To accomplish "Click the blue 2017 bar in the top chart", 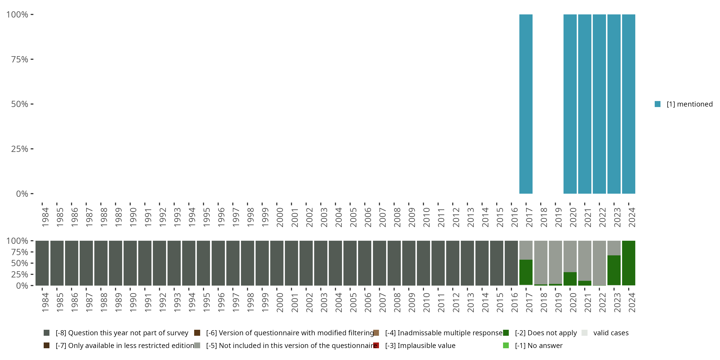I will pos(526,104).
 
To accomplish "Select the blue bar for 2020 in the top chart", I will pos(570,104).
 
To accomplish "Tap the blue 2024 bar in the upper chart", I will pos(629,104).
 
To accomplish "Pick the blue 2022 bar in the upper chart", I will pos(599,104).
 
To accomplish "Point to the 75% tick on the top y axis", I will pos(20,59).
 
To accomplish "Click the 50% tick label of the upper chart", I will pos(20,104).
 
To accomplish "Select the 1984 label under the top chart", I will pos(45,217).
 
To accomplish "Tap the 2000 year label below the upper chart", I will pos(280,217).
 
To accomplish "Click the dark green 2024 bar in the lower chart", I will pos(629,263).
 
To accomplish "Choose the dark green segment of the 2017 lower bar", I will pos(526,272).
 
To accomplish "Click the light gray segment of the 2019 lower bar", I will pos(555,262).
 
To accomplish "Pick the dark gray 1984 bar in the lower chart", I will pos(42,263).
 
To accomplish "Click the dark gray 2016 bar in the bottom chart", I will pos(511,263).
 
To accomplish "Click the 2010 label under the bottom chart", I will pos(426,303).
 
